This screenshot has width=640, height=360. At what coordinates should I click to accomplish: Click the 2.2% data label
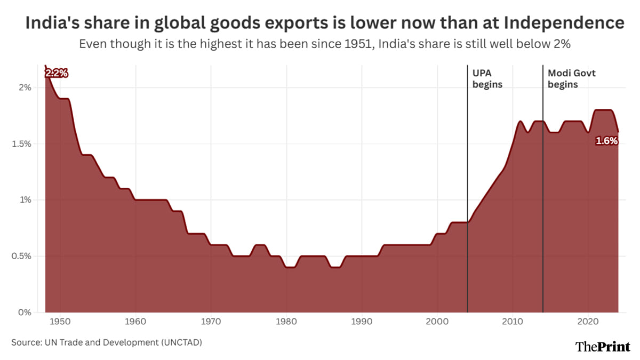click(x=57, y=74)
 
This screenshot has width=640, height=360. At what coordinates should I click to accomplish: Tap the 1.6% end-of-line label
click(x=606, y=141)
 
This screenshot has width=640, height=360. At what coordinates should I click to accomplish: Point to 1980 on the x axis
click(x=286, y=322)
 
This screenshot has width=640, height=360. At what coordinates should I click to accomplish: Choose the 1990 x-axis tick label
click(x=362, y=322)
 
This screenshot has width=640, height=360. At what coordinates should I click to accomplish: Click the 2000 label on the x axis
click(x=437, y=322)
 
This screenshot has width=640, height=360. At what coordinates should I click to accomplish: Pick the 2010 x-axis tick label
click(x=513, y=322)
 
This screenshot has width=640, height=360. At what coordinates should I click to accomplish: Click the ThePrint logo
click(x=603, y=346)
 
